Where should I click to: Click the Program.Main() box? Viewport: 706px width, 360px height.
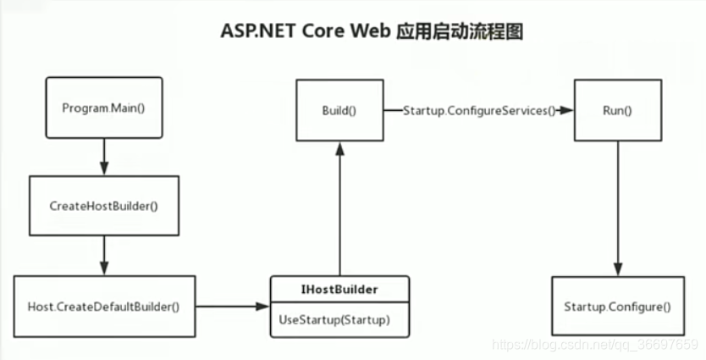(104, 108)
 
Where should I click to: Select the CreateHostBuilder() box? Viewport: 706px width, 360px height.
(104, 206)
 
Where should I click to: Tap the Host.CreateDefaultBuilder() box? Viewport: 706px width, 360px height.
(104, 306)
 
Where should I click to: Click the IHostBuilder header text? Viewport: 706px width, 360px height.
(339, 289)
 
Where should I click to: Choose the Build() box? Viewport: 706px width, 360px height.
(339, 111)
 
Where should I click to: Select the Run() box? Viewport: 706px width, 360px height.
(616, 111)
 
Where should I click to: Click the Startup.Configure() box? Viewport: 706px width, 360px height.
(616, 305)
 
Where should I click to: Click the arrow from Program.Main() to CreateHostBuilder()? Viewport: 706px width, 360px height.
(104, 157)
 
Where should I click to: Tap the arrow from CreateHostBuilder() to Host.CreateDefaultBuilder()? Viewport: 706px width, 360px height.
(104, 255)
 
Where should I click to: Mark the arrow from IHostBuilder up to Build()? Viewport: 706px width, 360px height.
(339, 208)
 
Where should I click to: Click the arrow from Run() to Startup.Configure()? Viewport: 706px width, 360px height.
(616, 208)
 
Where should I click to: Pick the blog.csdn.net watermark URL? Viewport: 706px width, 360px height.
(594, 346)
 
